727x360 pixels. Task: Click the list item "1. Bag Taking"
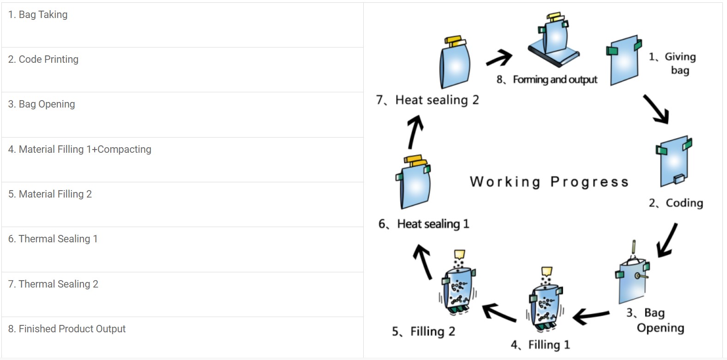(x=38, y=15)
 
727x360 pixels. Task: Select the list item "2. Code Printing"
(x=43, y=60)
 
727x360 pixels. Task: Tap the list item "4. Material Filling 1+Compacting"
(x=79, y=150)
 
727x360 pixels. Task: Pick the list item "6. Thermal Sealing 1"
(x=53, y=239)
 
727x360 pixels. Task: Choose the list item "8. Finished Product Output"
(x=66, y=329)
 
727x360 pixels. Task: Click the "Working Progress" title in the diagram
(x=549, y=182)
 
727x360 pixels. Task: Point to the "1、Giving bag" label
(x=673, y=63)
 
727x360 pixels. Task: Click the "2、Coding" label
(x=676, y=203)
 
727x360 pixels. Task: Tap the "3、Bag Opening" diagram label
(x=655, y=320)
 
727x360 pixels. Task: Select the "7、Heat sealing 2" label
(x=427, y=100)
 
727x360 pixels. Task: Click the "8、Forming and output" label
(x=547, y=80)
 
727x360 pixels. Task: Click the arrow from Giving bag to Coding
(x=656, y=109)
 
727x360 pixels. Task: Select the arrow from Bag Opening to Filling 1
(x=591, y=316)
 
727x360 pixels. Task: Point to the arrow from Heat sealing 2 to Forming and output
(x=499, y=58)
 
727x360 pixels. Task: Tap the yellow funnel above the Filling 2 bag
(x=459, y=254)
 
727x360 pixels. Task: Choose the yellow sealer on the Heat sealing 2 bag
(x=453, y=41)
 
